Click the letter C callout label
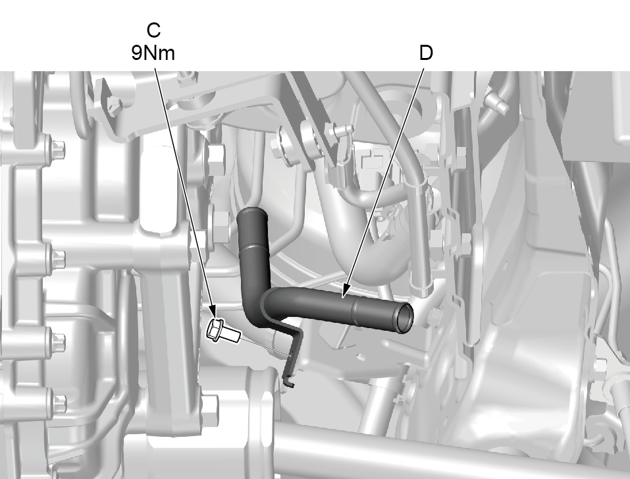(x=153, y=30)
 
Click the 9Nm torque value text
(x=153, y=53)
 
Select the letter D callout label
(x=426, y=53)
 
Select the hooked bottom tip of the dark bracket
(x=288, y=383)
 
